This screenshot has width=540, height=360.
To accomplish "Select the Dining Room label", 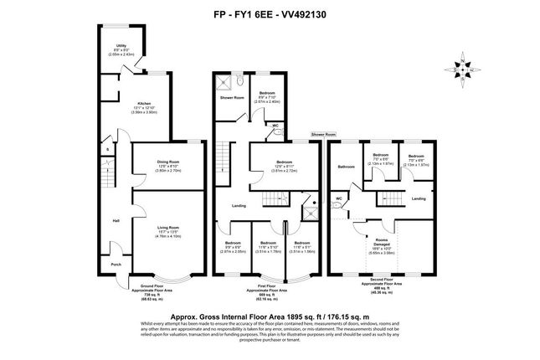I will tap(168, 161).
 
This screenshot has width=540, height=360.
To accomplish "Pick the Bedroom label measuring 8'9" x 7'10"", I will tap(265, 92).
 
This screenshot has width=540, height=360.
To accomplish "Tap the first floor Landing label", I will tap(239, 204).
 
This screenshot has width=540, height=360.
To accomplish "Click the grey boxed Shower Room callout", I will tap(323, 133).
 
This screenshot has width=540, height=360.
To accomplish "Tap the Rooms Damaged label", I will tap(382, 241).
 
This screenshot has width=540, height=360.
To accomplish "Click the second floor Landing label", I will tap(419, 198).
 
